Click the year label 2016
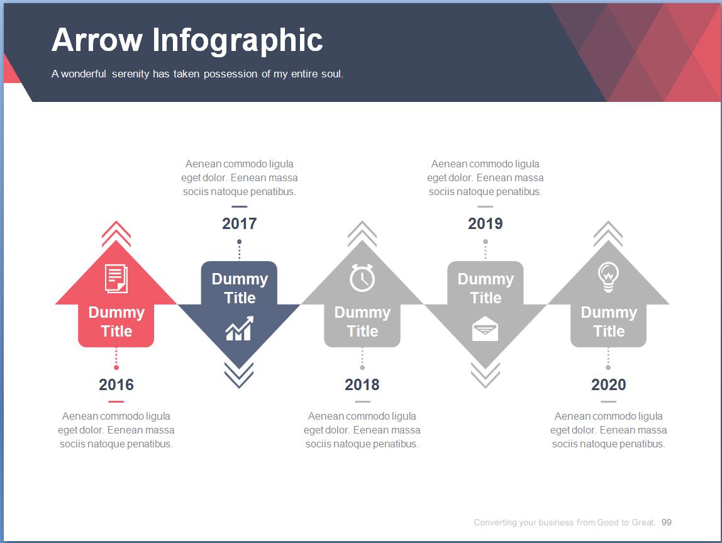click(116, 384)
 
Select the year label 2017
click(240, 223)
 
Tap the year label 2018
click(362, 384)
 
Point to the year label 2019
click(486, 223)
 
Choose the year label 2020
click(608, 384)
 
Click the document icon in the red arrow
click(116, 279)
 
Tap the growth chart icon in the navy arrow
click(240, 328)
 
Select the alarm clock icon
click(362, 277)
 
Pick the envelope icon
click(486, 329)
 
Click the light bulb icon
click(608, 277)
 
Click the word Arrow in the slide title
click(97, 40)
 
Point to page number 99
click(666, 522)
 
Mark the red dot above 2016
click(116, 367)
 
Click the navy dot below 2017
click(240, 242)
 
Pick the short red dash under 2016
click(116, 401)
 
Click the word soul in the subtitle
click(333, 74)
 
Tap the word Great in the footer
click(643, 522)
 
